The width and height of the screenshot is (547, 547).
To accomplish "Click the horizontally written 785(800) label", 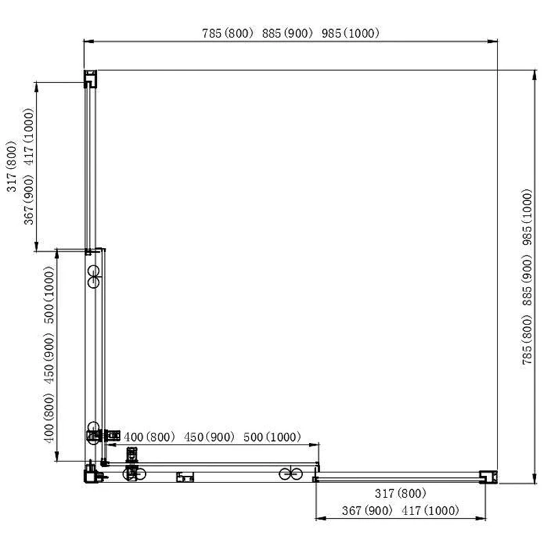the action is coord(228,33).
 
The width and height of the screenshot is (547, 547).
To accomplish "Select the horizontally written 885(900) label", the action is coord(287,33).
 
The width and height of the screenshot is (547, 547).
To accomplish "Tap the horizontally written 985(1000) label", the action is coord(350,33).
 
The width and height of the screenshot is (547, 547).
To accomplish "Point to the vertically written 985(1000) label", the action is coord(527,217).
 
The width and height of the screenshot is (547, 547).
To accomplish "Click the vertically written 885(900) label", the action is coord(527,280).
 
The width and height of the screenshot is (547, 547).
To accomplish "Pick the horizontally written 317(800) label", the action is coord(401,493).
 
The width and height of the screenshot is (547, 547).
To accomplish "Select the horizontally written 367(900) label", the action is coord(367,511).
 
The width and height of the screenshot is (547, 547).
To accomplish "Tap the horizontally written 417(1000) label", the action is coord(430,511).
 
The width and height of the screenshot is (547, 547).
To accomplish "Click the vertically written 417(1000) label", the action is coord(29,137).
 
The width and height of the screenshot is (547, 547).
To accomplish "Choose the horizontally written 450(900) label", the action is coord(209,437).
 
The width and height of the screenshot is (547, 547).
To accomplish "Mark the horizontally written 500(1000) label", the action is coord(272,437).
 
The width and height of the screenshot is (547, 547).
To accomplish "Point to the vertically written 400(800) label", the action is coord(49,418).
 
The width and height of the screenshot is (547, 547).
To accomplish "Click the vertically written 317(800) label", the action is coord(12,166).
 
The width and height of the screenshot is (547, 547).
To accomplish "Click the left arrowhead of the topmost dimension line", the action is coord(89,41).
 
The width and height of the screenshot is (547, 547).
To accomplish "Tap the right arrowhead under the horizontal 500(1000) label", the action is coord(314,445).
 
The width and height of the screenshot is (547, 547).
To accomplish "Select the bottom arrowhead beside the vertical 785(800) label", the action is coord(535,478).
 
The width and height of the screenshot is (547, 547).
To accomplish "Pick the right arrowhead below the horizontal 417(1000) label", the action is coord(481,518).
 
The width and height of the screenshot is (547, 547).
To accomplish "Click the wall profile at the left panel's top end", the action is coord(90,79).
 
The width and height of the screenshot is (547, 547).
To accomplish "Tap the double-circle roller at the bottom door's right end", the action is coord(291,474).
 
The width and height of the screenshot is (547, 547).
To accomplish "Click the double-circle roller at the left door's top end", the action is coord(94,277).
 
